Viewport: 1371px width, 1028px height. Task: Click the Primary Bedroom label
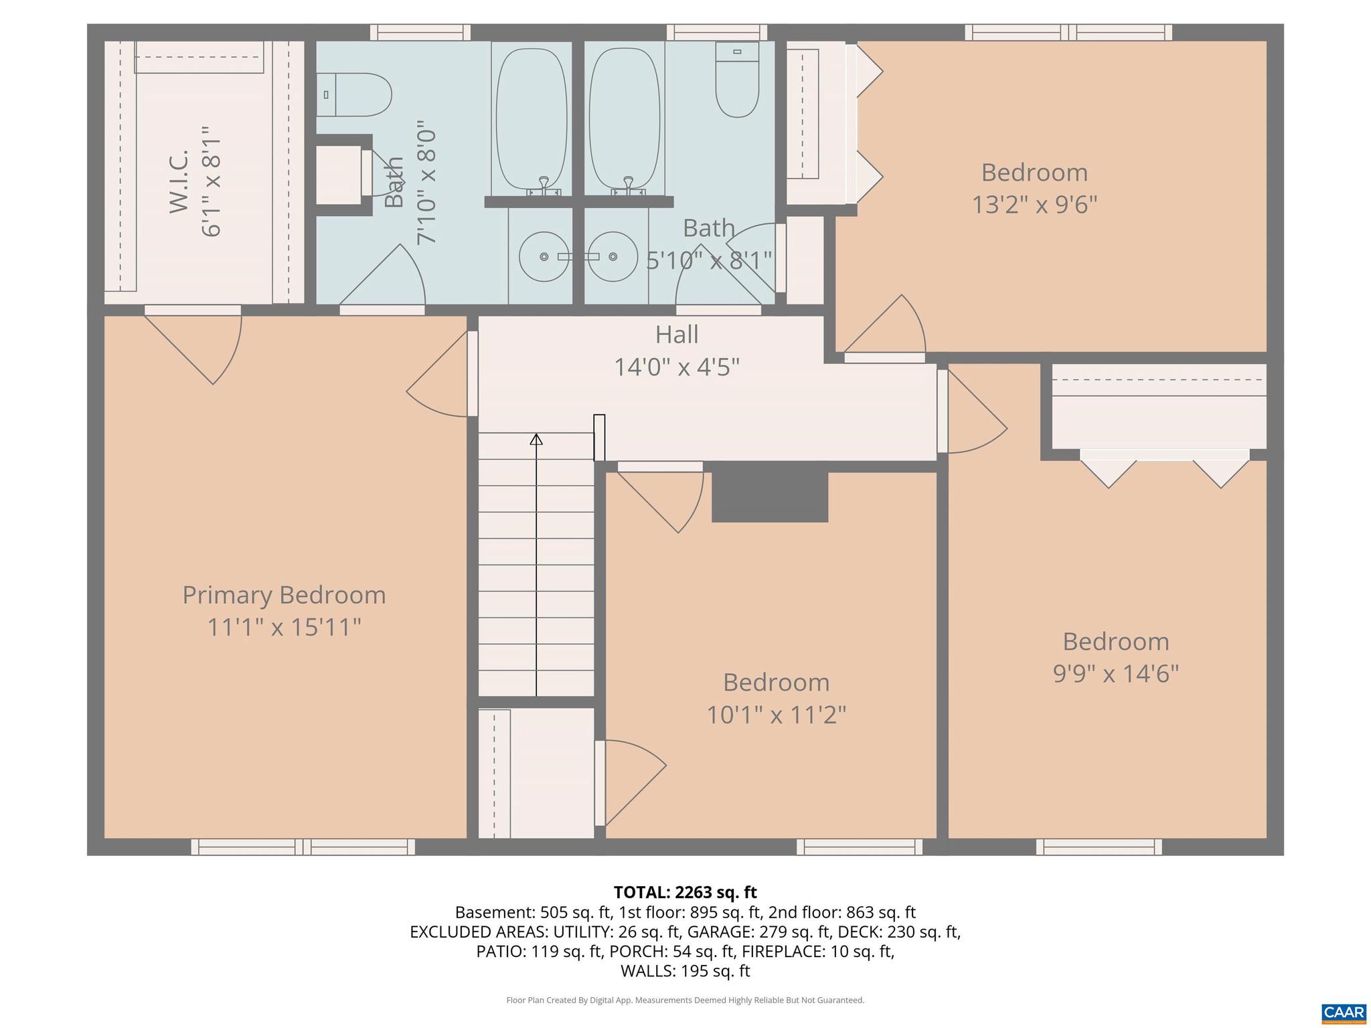coord(284,595)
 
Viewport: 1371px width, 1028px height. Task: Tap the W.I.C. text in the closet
coord(179,181)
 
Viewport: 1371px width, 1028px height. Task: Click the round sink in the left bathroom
coord(544,257)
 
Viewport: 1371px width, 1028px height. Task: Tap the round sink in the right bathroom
coord(613,257)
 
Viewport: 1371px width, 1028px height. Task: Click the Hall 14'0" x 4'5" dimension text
coord(677,367)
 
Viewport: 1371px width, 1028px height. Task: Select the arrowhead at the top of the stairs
coord(536,440)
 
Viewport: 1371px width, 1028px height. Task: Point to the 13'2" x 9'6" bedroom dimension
coord(1034,204)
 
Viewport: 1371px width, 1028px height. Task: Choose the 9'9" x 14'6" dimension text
coord(1115,673)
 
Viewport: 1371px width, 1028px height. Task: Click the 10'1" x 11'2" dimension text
coord(777,715)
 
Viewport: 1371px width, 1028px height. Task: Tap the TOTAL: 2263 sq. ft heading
coord(685,892)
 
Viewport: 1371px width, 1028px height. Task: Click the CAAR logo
coord(1344,1012)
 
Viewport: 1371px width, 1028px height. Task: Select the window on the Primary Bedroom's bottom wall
coord(303,847)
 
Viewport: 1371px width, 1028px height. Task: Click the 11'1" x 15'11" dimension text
coord(284,628)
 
